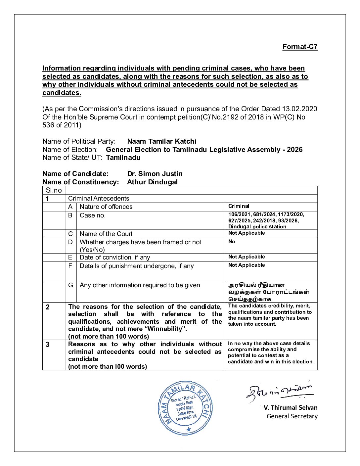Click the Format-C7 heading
click(x=300, y=47)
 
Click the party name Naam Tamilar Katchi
click(x=161, y=141)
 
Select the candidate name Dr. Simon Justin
click(x=155, y=174)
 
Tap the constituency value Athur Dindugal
click(x=152, y=182)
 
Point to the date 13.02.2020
click(x=299, y=109)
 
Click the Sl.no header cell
click(x=54, y=190)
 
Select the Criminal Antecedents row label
click(x=98, y=199)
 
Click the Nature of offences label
click(x=106, y=207)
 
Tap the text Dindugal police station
click(x=257, y=227)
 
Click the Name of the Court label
click(x=106, y=234)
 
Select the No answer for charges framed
click(x=232, y=242)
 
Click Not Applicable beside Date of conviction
click(x=247, y=257)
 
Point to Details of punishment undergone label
click(x=136, y=266)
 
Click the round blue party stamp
click(x=185, y=408)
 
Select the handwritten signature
click(x=280, y=392)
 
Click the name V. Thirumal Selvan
click(x=290, y=408)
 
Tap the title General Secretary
click(x=292, y=416)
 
